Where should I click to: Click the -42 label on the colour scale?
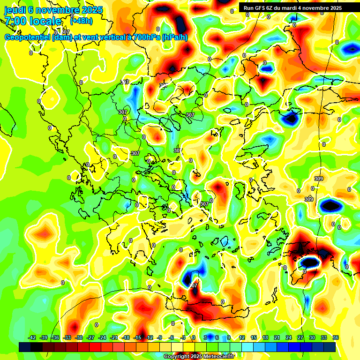tap(32, 337)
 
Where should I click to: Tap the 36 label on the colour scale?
tap(336, 337)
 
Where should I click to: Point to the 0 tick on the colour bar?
tap(194, 337)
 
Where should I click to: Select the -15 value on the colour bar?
tap(137, 337)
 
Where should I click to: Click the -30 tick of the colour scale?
tap(79, 337)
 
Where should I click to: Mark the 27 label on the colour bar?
tap(300, 337)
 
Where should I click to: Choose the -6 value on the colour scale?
tap(172, 337)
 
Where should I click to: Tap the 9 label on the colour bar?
tap(228, 337)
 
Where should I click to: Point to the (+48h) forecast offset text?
tap(81, 21)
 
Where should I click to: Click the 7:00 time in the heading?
tap(16, 21)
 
